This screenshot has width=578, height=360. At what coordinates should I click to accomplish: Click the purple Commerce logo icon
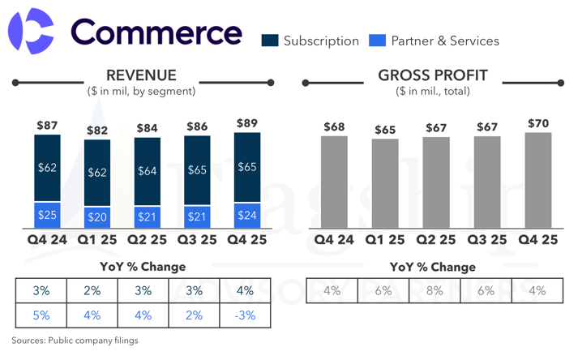point(31,32)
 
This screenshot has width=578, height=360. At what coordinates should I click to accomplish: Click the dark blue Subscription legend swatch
point(270,41)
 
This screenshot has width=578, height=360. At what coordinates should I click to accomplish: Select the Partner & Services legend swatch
point(377,41)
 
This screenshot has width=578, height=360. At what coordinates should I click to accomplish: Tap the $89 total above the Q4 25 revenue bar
point(246,124)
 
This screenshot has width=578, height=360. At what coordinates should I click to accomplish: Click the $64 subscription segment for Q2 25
point(147,171)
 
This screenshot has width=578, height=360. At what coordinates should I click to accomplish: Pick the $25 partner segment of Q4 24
point(47,216)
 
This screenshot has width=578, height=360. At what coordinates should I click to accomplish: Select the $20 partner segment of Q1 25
point(97,217)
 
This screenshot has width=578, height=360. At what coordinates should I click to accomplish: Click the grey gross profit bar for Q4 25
point(538,180)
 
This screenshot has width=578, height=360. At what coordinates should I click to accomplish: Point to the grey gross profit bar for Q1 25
point(385,183)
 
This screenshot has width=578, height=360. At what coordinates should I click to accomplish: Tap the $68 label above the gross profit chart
point(334,127)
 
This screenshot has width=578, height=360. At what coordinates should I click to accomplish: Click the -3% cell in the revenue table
point(245,315)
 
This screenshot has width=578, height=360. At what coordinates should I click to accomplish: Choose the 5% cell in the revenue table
point(41,315)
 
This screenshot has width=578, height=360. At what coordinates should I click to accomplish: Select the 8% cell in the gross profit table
point(435,290)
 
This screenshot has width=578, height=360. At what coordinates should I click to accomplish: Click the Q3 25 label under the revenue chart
point(198,240)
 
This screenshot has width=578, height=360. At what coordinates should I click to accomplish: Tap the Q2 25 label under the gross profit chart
point(436,240)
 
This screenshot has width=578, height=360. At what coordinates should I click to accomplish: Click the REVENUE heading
point(142,76)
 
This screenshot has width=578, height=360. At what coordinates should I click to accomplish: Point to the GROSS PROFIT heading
point(433,76)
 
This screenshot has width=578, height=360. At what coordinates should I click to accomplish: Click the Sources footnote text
point(75,341)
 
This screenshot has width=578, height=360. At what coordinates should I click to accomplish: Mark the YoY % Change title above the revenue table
point(143,267)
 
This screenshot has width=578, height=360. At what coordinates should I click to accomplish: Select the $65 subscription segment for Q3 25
point(197,170)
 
